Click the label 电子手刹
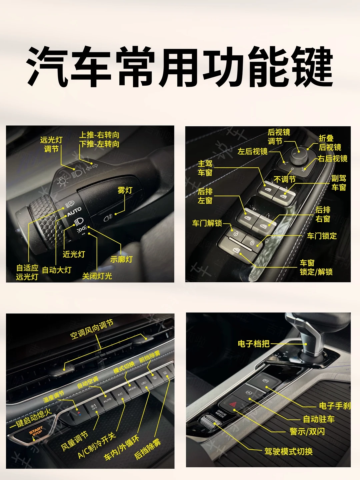(x=334, y=406)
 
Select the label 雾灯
(x=125, y=190)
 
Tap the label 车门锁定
(x=322, y=236)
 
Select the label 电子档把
(x=253, y=344)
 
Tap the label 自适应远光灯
(x=27, y=272)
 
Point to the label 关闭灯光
(x=97, y=276)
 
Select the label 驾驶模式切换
(x=288, y=452)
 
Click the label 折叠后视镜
(x=330, y=143)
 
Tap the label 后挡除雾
(x=148, y=449)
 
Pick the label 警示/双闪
(x=307, y=432)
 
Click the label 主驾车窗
(x=205, y=168)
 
